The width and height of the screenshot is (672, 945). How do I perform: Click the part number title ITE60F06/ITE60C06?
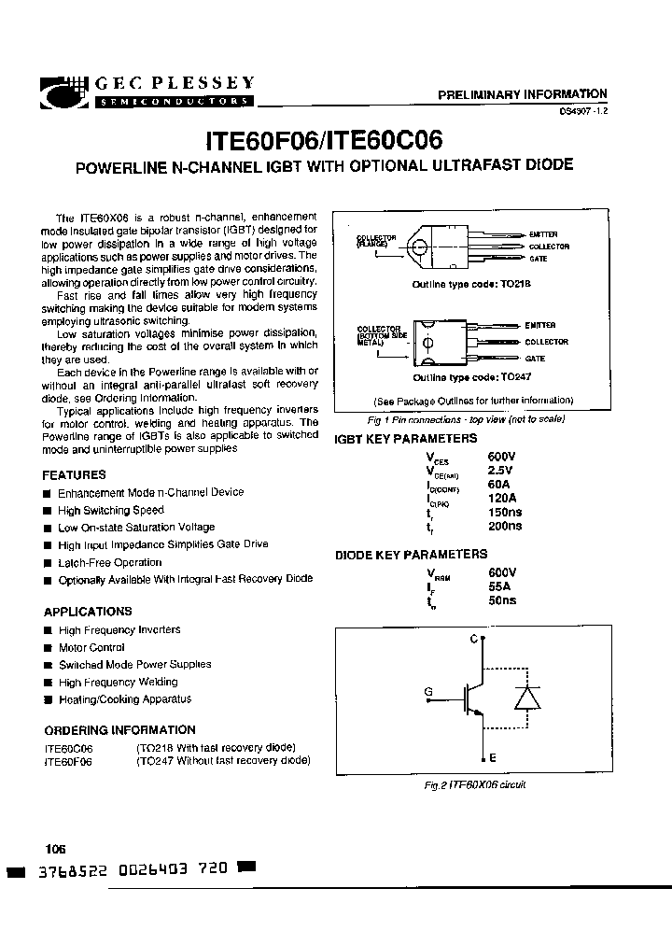[x=323, y=140]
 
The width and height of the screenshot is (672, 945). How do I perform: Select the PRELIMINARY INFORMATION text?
[x=523, y=94]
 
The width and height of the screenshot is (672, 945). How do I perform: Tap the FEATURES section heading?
[x=75, y=475]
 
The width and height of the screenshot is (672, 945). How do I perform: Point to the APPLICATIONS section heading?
[x=88, y=612]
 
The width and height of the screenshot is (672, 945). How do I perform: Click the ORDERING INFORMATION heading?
[x=119, y=730]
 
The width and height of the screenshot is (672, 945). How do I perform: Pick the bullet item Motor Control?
[x=91, y=647]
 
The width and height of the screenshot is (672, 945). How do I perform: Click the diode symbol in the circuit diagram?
[x=527, y=699]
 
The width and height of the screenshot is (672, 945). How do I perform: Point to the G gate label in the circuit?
[x=428, y=692]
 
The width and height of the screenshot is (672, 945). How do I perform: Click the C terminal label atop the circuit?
[x=473, y=638]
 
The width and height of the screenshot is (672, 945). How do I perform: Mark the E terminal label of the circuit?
[x=492, y=759]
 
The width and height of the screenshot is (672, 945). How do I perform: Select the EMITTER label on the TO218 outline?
[x=543, y=233]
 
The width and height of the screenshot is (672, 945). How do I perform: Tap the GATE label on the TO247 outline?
[x=536, y=358]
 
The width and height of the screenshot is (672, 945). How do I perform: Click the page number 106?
[x=55, y=849]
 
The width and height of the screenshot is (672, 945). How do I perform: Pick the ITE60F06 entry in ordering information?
[x=68, y=761]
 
